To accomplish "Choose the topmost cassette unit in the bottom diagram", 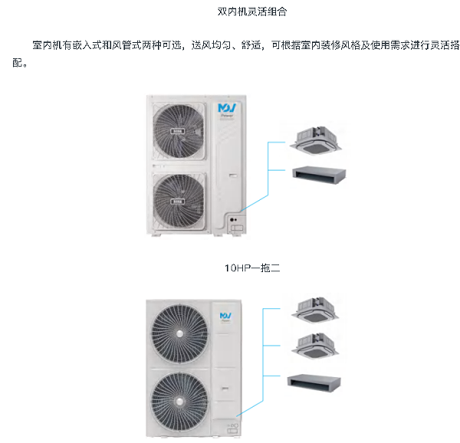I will [314, 307].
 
